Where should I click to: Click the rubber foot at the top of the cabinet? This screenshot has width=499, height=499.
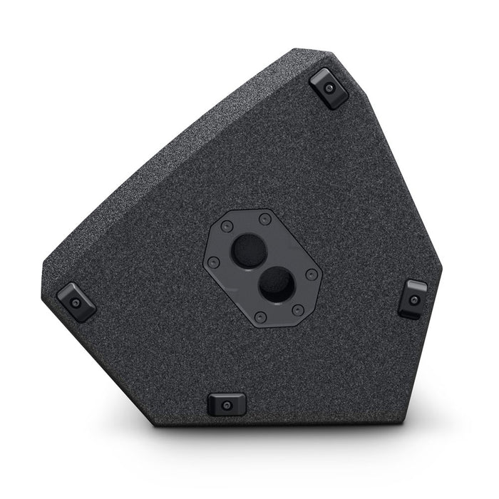coord(329,88)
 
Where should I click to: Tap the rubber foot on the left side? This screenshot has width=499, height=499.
coord(76,302)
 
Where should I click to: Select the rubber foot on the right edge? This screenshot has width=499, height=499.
coord(413,298)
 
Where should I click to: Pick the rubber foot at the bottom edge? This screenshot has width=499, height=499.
coord(226,405)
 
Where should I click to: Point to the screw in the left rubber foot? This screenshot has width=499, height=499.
coord(76,302)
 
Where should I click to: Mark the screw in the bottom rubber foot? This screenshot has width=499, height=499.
coord(226,406)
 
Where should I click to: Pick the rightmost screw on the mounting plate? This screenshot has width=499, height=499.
coord(311,274)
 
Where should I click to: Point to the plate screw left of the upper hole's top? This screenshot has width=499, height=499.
coord(227,226)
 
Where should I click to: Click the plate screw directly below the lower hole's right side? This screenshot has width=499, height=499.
coord(298,309)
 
